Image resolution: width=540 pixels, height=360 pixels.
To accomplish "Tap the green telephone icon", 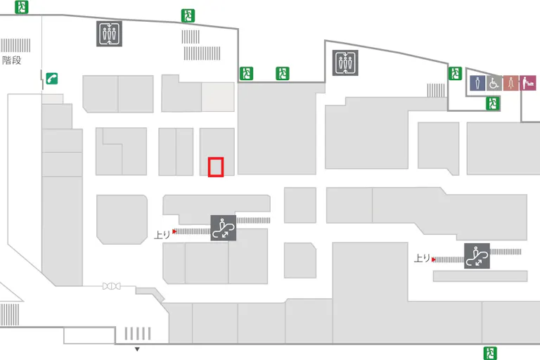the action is tap(51, 79).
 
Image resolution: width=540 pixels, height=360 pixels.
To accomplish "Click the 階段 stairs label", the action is tap(12, 60).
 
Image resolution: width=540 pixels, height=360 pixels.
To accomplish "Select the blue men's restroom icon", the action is tap(477, 83).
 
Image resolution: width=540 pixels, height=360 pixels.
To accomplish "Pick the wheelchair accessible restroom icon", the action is tap(494, 83).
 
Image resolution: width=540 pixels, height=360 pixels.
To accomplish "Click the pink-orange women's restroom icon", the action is tap(510, 83).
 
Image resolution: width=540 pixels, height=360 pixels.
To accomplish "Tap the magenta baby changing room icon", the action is tap(527, 83).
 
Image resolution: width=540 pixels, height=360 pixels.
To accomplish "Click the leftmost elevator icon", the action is tap(109, 34).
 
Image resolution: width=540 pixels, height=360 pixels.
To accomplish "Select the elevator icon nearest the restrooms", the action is tap(345, 63).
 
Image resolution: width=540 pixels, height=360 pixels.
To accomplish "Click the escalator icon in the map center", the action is tap(223, 228).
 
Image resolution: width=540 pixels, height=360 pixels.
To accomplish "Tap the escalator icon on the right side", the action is tap(477, 256).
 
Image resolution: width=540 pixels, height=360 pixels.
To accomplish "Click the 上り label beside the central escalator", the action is tap(162, 235).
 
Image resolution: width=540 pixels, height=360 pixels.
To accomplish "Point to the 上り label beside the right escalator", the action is tap(422, 258).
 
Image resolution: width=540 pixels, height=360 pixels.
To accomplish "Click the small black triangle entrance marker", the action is tap(137, 349).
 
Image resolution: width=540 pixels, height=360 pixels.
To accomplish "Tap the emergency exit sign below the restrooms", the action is tap(492, 103).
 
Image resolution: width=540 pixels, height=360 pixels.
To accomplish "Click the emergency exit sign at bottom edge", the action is tap(490, 353).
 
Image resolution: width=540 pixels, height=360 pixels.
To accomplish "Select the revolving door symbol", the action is tap(112, 286).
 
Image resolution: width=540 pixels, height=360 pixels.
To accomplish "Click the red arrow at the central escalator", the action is tap(174, 231).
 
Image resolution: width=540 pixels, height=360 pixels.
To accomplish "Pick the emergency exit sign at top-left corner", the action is tap(22, 7).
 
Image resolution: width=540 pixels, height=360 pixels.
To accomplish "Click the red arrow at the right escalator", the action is tap(434, 259).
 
